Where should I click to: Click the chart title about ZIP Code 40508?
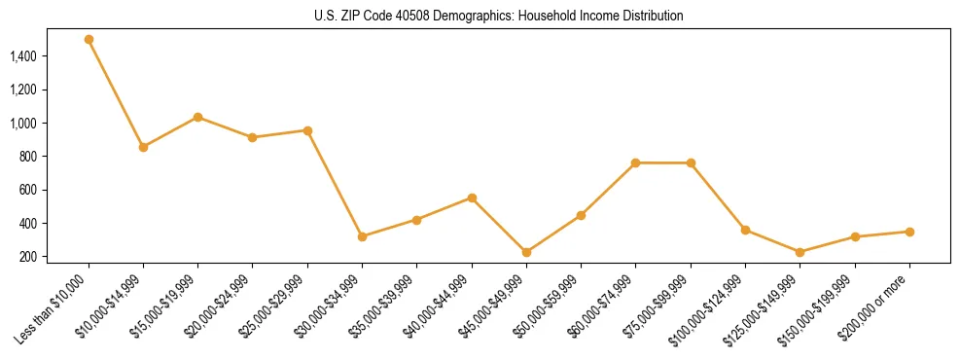click(x=499, y=17)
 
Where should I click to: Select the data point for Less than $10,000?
click(x=89, y=40)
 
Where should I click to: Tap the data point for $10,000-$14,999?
click(x=143, y=147)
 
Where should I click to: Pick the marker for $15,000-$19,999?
click(x=197, y=117)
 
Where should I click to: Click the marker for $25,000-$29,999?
click(x=307, y=130)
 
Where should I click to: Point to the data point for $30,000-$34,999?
click(x=362, y=236)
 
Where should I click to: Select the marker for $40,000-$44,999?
click(x=472, y=198)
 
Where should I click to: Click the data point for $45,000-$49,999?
click(x=526, y=252)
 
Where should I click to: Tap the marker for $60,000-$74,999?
click(x=635, y=162)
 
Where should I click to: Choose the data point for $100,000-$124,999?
click(x=745, y=230)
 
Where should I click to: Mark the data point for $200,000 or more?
click(x=909, y=232)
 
